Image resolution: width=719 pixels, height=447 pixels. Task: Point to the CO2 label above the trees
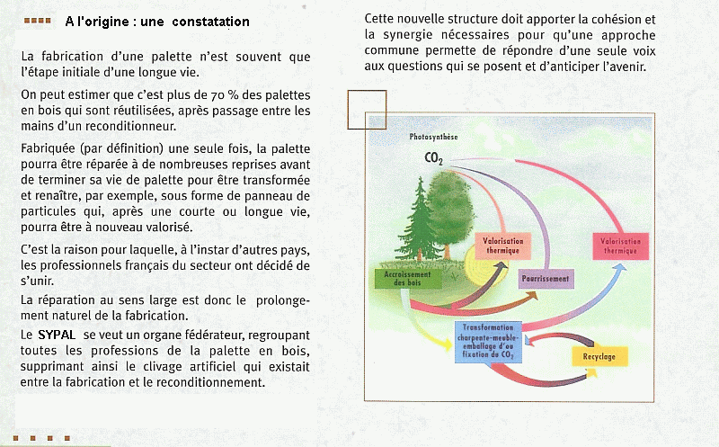[x=435, y=159]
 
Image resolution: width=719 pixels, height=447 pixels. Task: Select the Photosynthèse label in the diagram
[x=433, y=138]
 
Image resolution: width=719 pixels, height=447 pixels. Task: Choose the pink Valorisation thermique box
[x=620, y=246]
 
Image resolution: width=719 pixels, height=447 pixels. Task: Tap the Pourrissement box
[x=546, y=280]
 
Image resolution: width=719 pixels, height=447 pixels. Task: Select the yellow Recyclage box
[x=599, y=357]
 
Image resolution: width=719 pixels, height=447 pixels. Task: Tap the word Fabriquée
[x=50, y=148]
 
